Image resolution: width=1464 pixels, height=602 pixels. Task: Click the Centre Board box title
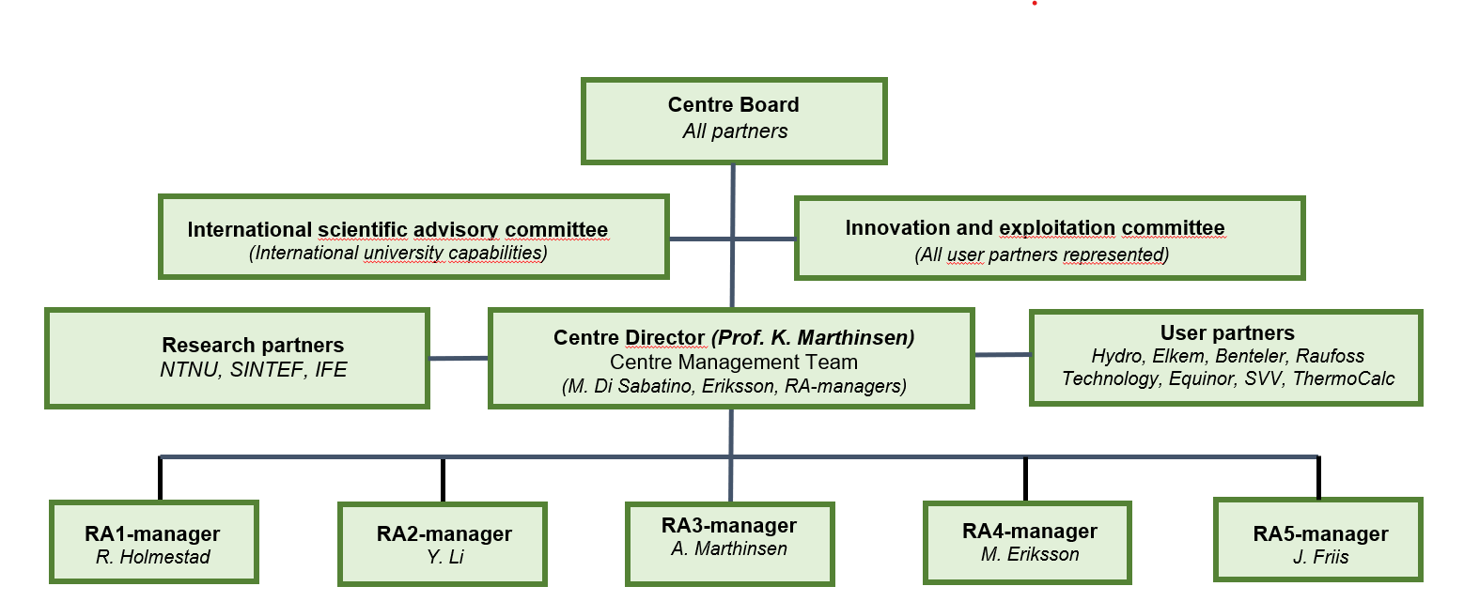(x=733, y=104)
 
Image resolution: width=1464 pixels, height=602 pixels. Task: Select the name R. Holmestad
(x=153, y=557)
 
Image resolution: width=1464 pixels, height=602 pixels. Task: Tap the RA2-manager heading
(x=444, y=533)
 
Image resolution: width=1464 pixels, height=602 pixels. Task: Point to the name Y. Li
(x=445, y=557)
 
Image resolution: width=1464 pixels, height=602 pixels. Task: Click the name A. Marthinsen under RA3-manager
(x=729, y=548)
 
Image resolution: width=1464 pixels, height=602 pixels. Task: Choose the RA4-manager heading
(x=1029, y=531)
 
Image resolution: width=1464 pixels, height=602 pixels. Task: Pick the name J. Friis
(x=1320, y=557)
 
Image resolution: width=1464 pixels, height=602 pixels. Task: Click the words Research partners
(x=253, y=345)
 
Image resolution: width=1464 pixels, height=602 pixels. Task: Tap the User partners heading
(x=1227, y=332)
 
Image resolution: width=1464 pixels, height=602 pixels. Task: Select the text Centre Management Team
(x=733, y=362)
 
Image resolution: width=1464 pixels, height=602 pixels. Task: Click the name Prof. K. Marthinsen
(x=813, y=337)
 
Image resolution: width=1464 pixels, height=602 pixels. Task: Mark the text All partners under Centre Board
(x=735, y=131)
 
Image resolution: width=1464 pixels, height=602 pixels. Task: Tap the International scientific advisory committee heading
(x=397, y=230)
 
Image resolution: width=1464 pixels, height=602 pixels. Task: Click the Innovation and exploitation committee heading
(x=1035, y=228)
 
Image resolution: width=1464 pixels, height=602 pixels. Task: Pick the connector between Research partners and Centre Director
(x=459, y=358)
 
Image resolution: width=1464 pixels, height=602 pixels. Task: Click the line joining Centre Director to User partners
(x=1003, y=355)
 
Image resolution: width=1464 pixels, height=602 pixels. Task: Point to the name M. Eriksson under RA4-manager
(x=1029, y=554)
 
